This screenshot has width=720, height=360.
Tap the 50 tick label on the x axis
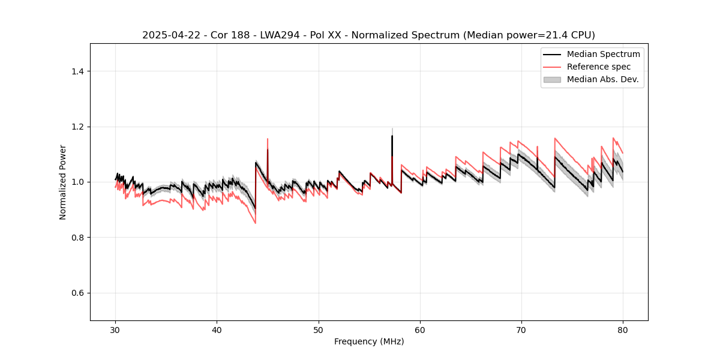click(319, 329)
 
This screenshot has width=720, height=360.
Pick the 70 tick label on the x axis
click(521, 329)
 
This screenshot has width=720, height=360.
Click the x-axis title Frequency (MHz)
click(369, 341)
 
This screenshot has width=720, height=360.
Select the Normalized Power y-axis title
click(63, 182)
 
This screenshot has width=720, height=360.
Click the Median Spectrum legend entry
click(603, 54)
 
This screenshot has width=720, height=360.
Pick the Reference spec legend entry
click(599, 67)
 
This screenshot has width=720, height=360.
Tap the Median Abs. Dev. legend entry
click(603, 79)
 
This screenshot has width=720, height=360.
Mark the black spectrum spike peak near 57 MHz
click(392, 136)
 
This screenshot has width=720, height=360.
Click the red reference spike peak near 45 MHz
click(268, 139)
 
